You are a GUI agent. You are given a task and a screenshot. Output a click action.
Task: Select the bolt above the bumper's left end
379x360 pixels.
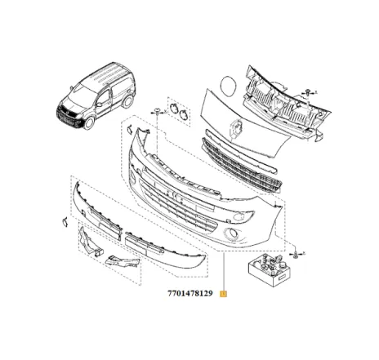[155, 111]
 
